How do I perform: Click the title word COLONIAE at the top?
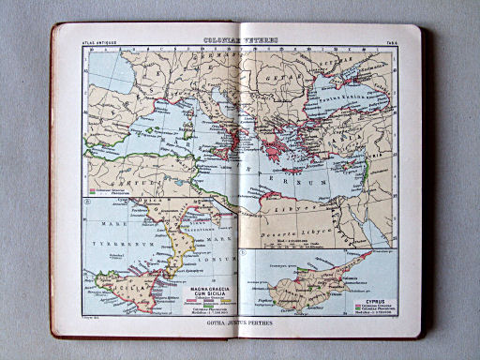point(224,40)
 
